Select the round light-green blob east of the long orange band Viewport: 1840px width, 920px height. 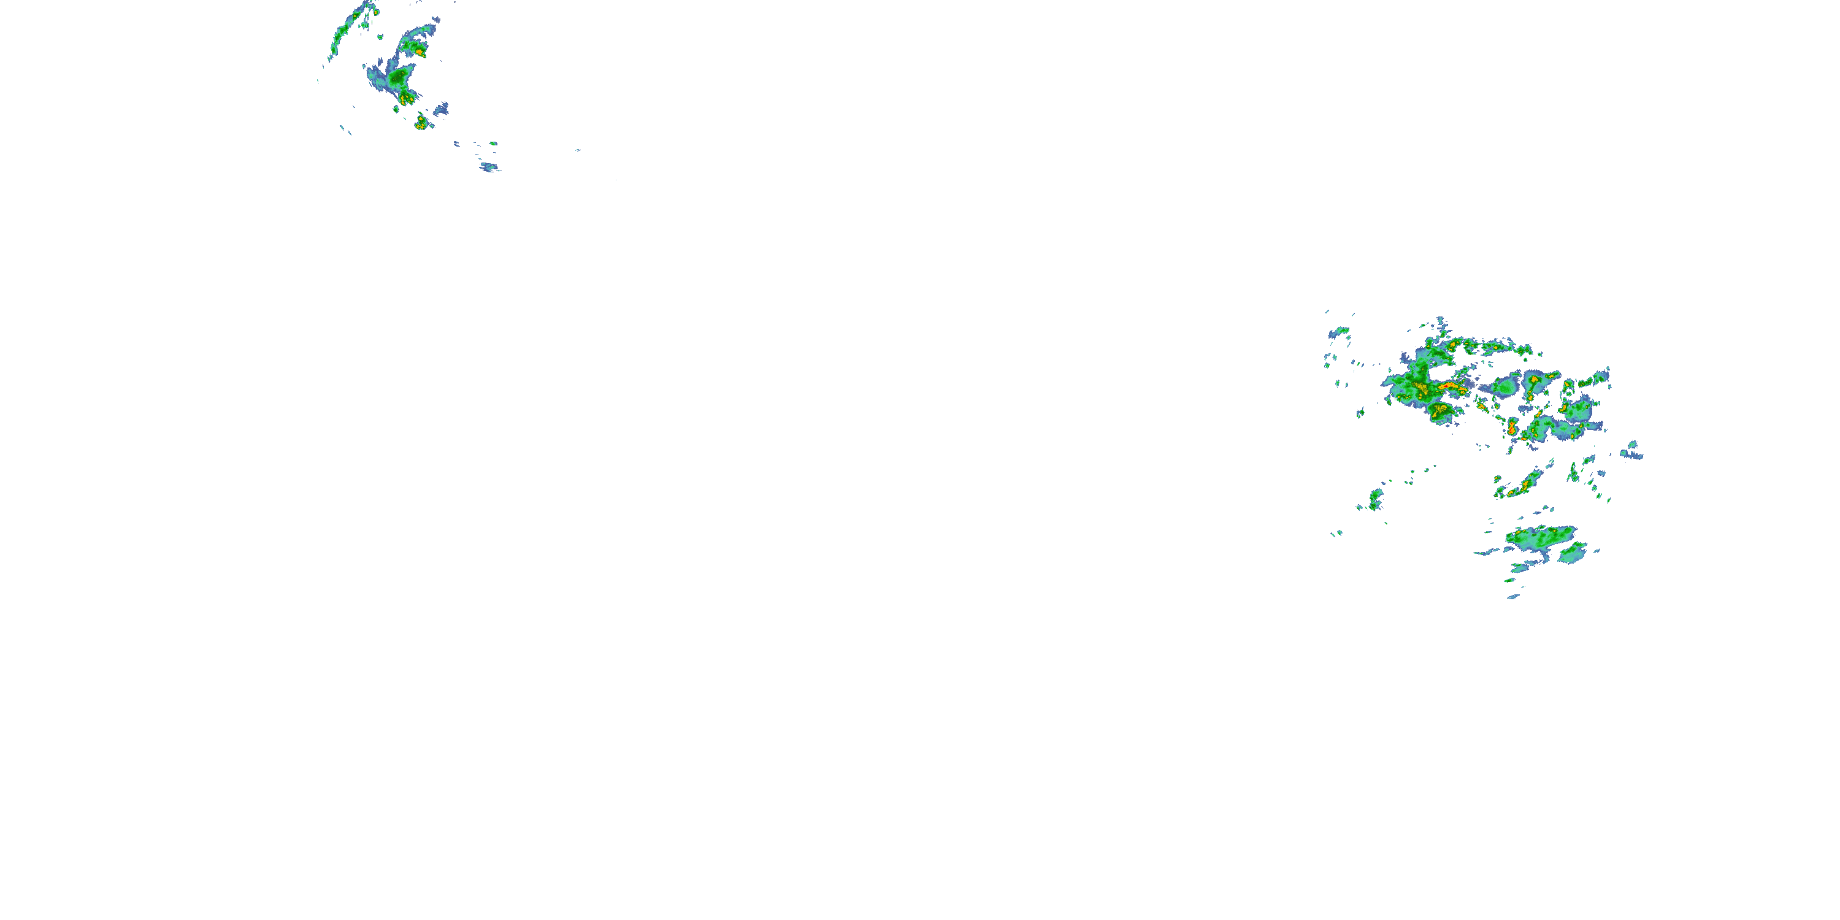click(x=1506, y=387)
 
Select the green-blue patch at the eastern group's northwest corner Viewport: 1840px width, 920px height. click(x=1338, y=332)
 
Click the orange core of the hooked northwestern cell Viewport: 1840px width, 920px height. click(x=418, y=52)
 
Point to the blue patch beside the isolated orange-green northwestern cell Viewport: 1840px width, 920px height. click(x=442, y=109)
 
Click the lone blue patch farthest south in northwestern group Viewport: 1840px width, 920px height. click(x=489, y=168)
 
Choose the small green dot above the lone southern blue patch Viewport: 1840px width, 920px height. click(x=493, y=144)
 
